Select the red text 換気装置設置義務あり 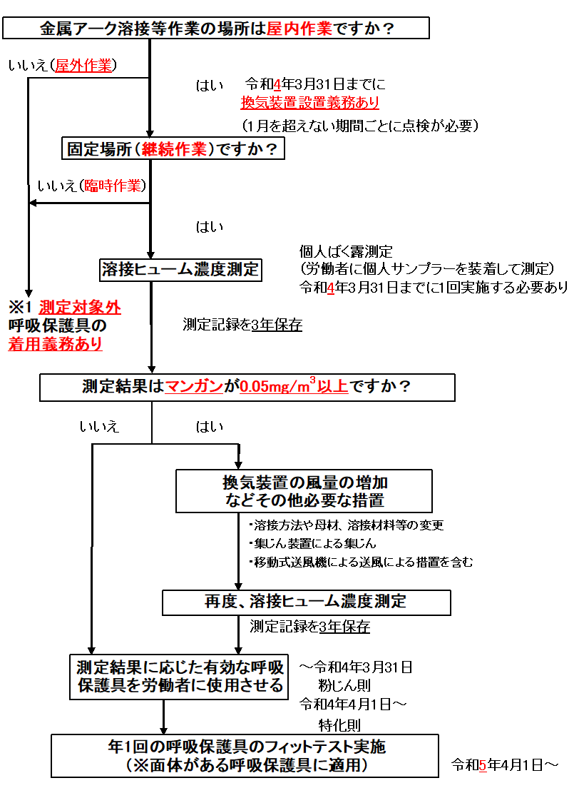pos(309,103)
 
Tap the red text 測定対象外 pos(80,308)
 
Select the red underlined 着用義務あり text pos(56,344)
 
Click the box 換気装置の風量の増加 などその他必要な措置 pos(304,490)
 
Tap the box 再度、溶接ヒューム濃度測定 pos(306,602)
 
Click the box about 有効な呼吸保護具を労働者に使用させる pos(180,676)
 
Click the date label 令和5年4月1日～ pos(505,765)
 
